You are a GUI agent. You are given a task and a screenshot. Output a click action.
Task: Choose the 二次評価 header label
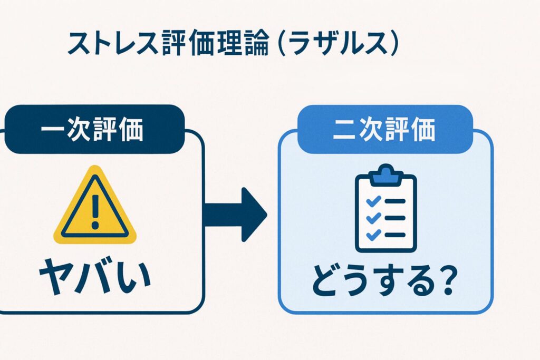click(x=384, y=130)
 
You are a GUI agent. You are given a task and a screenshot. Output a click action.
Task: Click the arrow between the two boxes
click(x=235, y=214)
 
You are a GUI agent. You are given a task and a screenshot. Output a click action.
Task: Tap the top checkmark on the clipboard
click(x=373, y=201)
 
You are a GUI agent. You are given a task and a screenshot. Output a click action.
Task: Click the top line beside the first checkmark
click(x=396, y=201)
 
